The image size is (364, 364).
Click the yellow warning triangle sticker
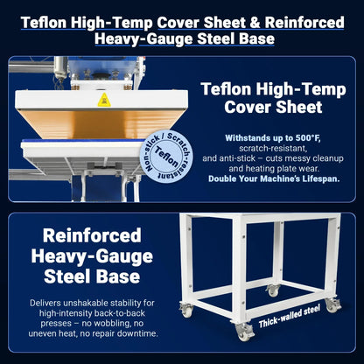coord(104,100)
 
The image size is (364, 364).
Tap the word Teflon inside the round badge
coord(166,156)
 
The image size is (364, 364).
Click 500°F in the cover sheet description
coord(308,138)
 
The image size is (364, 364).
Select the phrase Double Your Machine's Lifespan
coord(274,178)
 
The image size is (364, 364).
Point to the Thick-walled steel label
coord(290,316)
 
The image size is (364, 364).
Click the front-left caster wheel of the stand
coord(186,310)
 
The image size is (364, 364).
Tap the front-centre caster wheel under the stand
coord(243,332)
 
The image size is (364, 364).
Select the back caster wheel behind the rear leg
coord(272,290)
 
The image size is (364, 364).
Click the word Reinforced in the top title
coord(304,23)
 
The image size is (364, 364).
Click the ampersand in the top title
coord(255,23)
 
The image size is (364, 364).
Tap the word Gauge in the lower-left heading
coord(124,256)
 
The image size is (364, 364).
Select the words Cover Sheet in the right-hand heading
coord(273,107)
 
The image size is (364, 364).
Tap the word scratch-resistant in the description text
coord(273,149)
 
